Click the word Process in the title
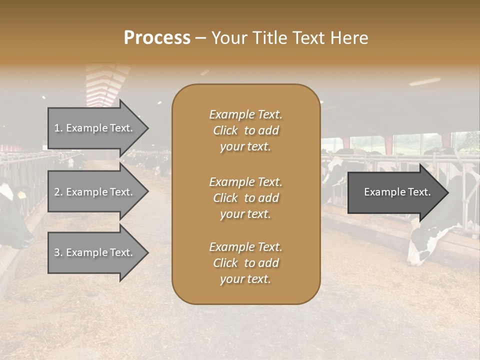[x=157, y=38]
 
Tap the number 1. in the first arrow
[x=58, y=128]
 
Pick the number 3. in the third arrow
[x=58, y=253]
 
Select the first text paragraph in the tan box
[x=245, y=130]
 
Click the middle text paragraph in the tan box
[x=245, y=198]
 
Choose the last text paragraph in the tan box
[x=245, y=263]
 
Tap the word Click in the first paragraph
[x=225, y=131]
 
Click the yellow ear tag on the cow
[x=22, y=194]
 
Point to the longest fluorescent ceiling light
[x=425, y=81]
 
